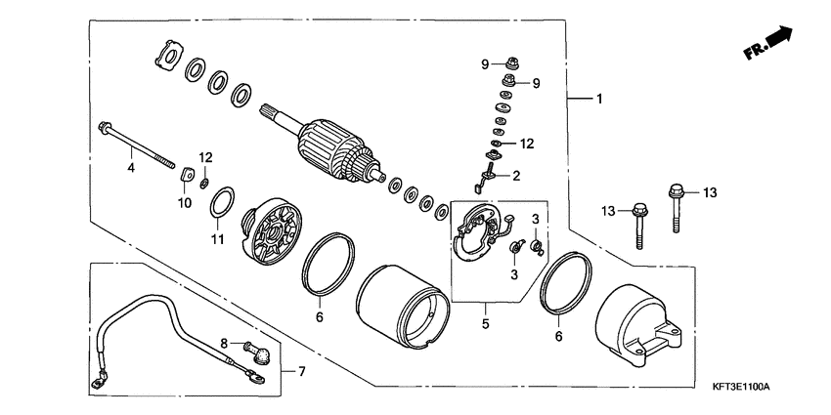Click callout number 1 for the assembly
(600, 99)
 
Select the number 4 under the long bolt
(129, 168)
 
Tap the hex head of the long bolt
(104, 125)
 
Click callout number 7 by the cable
(301, 372)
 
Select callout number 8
(223, 343)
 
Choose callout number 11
(217, 239)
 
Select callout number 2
(515, 176)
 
